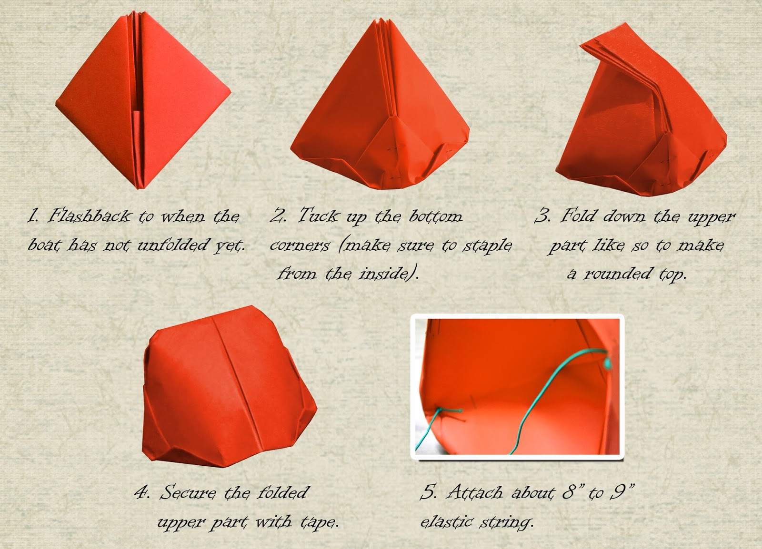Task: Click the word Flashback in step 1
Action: coord(89,216)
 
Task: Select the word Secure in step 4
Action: coord(188,492)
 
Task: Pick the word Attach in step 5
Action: coord(475,492)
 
